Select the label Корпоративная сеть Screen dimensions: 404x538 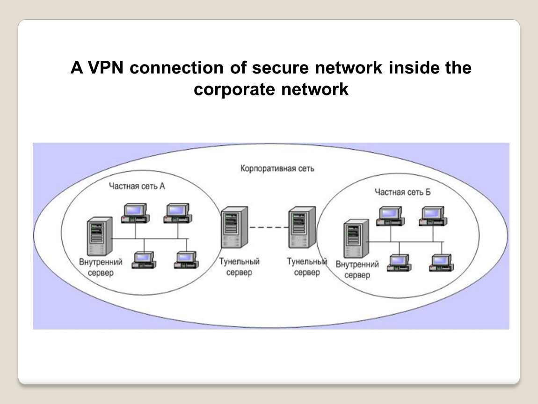[277, 168]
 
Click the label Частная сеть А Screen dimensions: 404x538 [137, 186]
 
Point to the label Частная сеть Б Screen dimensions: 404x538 [402, 192]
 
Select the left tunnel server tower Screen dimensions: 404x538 [234, 228]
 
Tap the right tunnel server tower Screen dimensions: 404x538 [302, 228]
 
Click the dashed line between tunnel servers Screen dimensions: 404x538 [268, 227]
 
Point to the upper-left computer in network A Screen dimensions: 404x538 [135, 213]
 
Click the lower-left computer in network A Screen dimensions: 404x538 [144, 260]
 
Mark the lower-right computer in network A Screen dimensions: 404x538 [186, 260]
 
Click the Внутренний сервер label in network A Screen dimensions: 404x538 [101, 267]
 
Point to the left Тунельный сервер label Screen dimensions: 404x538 [239, 267]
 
